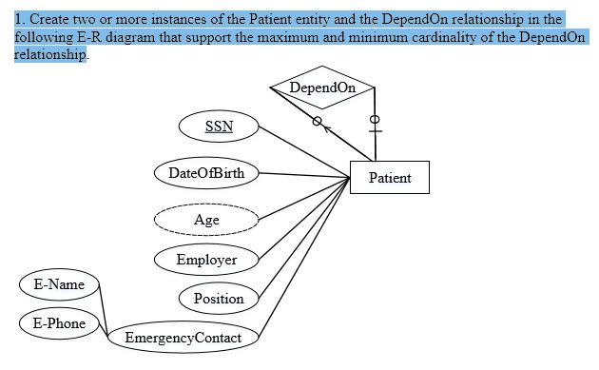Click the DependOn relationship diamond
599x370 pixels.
323,88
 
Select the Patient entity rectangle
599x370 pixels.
390,178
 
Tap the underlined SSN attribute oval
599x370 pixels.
219,127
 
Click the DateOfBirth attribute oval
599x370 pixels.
206,173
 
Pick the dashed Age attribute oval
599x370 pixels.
206,220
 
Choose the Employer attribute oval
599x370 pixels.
206,259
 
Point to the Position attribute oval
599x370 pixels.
219,299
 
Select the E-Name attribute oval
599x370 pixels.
59,283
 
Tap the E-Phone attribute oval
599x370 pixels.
59,323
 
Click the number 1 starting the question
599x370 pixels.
19,19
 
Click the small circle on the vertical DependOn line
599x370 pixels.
376,120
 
